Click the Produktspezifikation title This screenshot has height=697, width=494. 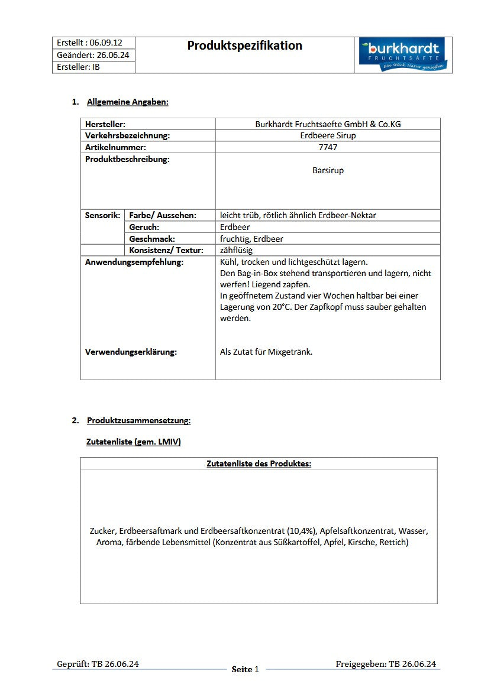[244, 46]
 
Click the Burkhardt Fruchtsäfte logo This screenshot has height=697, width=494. [403, 55]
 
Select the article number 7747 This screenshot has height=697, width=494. [328, 147]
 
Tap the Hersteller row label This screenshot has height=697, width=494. [105, 124]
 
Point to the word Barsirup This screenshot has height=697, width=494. [328, 170]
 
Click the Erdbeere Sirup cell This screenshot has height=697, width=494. [328, 135]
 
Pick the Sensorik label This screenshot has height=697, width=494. [103, 215]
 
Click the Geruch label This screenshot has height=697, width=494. [144, 227]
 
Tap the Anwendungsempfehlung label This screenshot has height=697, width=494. [134, 262]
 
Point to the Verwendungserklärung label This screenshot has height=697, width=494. [131, 352]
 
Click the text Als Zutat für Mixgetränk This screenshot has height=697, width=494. [266, 352]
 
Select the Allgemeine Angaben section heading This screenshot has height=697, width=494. [127, 102]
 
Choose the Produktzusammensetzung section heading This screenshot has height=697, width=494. [138, 420]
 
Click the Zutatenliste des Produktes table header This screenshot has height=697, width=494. [259, 463]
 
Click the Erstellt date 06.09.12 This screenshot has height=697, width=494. [106, 43]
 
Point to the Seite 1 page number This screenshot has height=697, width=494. [245, 669]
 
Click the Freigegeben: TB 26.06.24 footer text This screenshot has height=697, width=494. [385, 664]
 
